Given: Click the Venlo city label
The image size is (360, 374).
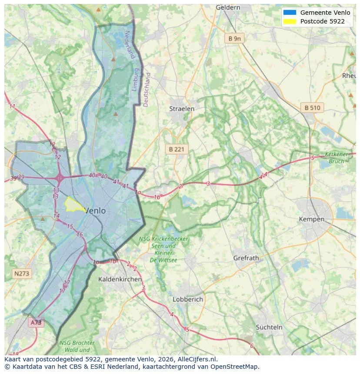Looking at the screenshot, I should click(x=95, y=211).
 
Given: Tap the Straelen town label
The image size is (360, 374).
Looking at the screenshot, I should click(x=182, y=109).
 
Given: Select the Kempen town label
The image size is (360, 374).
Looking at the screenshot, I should click(x=311, y=219).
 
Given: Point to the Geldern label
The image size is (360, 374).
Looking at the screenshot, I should click(x=228, y=7).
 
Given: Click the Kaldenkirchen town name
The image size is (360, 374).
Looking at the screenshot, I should click(x=120, y=279).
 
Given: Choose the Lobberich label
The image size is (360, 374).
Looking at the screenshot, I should click(x=188, y=299).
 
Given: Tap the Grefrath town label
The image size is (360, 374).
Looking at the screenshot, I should click(x=246, y=258).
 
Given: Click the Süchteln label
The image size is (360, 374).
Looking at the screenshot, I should click(x=269, y=327).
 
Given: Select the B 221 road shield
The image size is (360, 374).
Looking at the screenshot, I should click(x=177, y=149).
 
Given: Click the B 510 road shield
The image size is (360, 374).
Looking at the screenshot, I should click(x=312, y=108).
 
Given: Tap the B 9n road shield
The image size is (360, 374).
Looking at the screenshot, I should click(x=234, y=39).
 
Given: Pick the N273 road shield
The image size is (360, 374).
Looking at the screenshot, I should click(x=22, y=274).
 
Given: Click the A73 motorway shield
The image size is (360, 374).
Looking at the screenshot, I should click(x=36, y=322).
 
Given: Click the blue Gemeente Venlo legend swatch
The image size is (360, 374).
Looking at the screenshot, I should click(x=289, y=13).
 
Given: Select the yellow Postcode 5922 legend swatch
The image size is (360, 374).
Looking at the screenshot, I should click(x=289, y=21).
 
